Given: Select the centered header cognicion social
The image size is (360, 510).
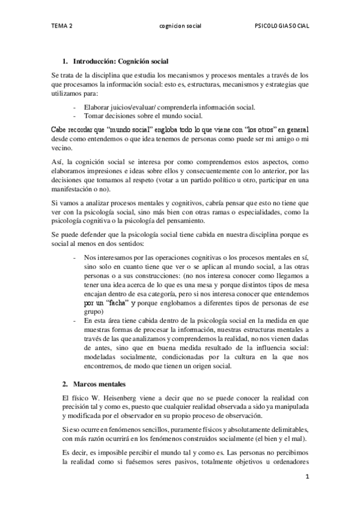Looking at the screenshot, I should point(180,26).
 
